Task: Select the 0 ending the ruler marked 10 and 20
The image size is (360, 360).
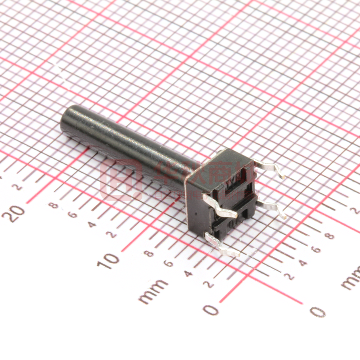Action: (211, 309)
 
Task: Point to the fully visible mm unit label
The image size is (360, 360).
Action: (153, 291)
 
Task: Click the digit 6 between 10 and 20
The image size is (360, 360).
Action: (73, 215)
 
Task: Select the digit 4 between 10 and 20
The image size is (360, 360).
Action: (92, 224)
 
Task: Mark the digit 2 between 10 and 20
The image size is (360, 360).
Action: (112, 234)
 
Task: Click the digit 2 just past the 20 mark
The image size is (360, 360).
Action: (17, 187)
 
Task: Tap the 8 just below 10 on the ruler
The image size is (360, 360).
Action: (149, 254)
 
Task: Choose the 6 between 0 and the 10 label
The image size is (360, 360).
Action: (169, 263)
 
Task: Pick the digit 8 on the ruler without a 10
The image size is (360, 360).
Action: (329, 236)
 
